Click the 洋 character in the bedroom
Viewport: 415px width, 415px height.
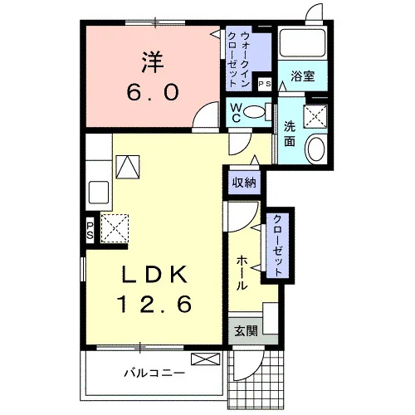point(153,62)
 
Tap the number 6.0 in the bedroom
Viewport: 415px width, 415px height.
point(153,93)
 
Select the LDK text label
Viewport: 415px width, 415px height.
point(154,275)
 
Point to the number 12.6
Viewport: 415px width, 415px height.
point(155,304)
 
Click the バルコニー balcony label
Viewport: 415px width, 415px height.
point(154,373)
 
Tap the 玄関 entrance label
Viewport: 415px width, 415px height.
point(246,331)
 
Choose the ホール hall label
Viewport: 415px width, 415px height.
point(242,272)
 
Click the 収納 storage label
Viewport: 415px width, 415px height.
point(244,183)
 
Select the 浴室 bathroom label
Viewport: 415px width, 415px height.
point(303,76)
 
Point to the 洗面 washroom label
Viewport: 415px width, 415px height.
point(290,134)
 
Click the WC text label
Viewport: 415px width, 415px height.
point(236,113)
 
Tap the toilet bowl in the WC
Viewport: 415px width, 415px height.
point(254,112)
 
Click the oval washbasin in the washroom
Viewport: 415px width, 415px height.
point(315,148)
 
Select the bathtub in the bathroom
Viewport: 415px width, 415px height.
point(302,42)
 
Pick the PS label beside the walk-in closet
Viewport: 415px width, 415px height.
point(265,84)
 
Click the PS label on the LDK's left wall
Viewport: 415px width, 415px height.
point(90,231)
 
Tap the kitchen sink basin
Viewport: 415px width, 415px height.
point(99,192)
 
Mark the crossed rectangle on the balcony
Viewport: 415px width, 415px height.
point(206,359)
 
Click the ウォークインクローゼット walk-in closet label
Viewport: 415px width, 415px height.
point(238,60)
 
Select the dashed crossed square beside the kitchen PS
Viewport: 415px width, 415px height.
point(115,228)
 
